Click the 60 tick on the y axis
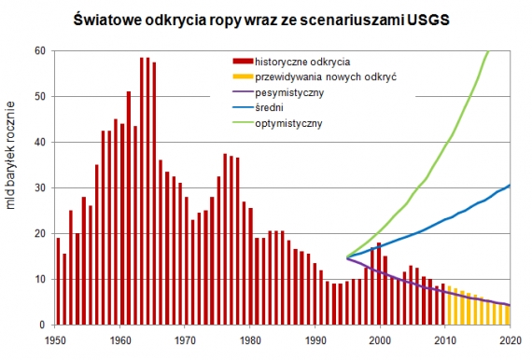[41, 50]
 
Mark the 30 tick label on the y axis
[41, 187]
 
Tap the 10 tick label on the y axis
[41, 279]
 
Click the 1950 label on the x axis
[58, 338]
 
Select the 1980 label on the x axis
[251, 338]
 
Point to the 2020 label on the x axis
[509, 338]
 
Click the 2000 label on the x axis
[380, 338]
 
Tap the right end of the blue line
[509, 185]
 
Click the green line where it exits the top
[488, 52]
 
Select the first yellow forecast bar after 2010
[450, 305]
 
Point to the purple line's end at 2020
[509, 305]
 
